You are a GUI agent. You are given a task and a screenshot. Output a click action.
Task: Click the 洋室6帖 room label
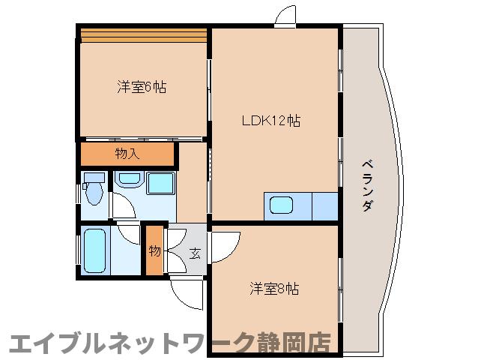[141, 87]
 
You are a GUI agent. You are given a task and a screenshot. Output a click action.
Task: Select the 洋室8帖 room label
[273, 289]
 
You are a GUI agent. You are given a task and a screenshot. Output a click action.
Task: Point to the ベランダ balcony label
[366, 184]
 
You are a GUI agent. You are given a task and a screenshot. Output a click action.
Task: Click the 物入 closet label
[127, 154]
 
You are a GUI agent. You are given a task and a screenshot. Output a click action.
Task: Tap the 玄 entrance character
[194, 253]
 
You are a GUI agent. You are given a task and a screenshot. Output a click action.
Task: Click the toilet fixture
[93, 191]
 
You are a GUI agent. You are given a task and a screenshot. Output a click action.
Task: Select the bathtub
[94, 250]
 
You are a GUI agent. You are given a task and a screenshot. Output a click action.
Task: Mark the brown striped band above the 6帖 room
[143, 34]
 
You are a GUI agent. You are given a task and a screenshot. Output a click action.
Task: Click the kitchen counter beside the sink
[324, 205]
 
